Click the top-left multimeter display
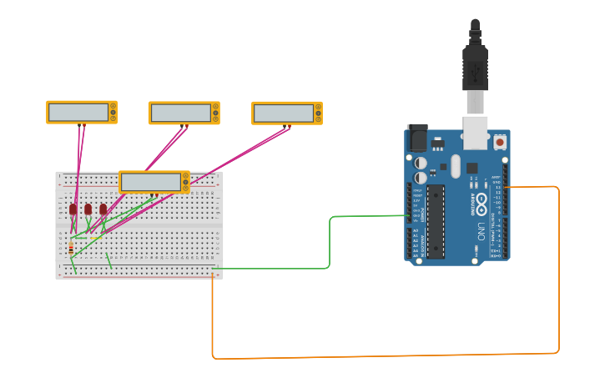(78, 111)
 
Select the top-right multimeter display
(284, 112)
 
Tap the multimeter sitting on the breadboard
(151, 182)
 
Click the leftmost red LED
(73, 209)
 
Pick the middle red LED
(88, 209)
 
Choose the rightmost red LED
(103, 209)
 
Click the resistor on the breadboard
(71, 249)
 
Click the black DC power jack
(416, 138)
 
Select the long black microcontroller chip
(436, 220)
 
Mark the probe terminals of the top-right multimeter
(287, 126)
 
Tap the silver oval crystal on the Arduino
(455, 165)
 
